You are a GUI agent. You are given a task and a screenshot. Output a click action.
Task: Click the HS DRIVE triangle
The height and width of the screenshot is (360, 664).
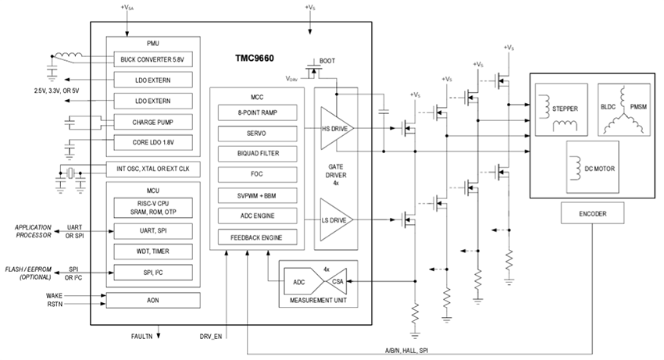pos(333,128)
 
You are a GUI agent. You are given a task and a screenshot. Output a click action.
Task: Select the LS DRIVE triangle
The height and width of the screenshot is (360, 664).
pos(333,221)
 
